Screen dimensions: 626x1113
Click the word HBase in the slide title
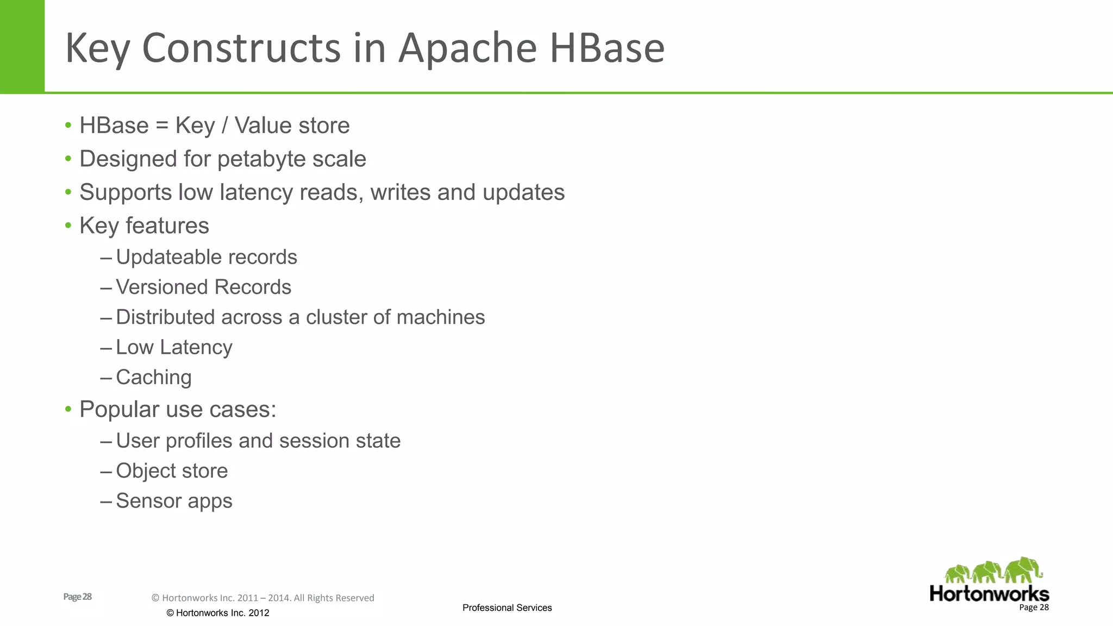pos(607,48)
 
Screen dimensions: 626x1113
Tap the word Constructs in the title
pos(242,48)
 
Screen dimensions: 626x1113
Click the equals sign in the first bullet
pos(162,126)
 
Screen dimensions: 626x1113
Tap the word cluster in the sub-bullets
pos(336,317)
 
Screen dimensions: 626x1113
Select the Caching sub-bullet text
pos(154,377)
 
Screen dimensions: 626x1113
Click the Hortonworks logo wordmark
pos(989,593)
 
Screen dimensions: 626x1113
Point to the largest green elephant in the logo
pos(1023,571)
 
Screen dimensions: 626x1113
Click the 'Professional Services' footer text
pos(507,608)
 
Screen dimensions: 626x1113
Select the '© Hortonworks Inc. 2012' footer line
pos(217,613)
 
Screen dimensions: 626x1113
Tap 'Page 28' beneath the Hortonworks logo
pos(1034,608)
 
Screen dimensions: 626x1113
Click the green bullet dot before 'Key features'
pos(68,226)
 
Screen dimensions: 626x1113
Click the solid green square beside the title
pos(22,46)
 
